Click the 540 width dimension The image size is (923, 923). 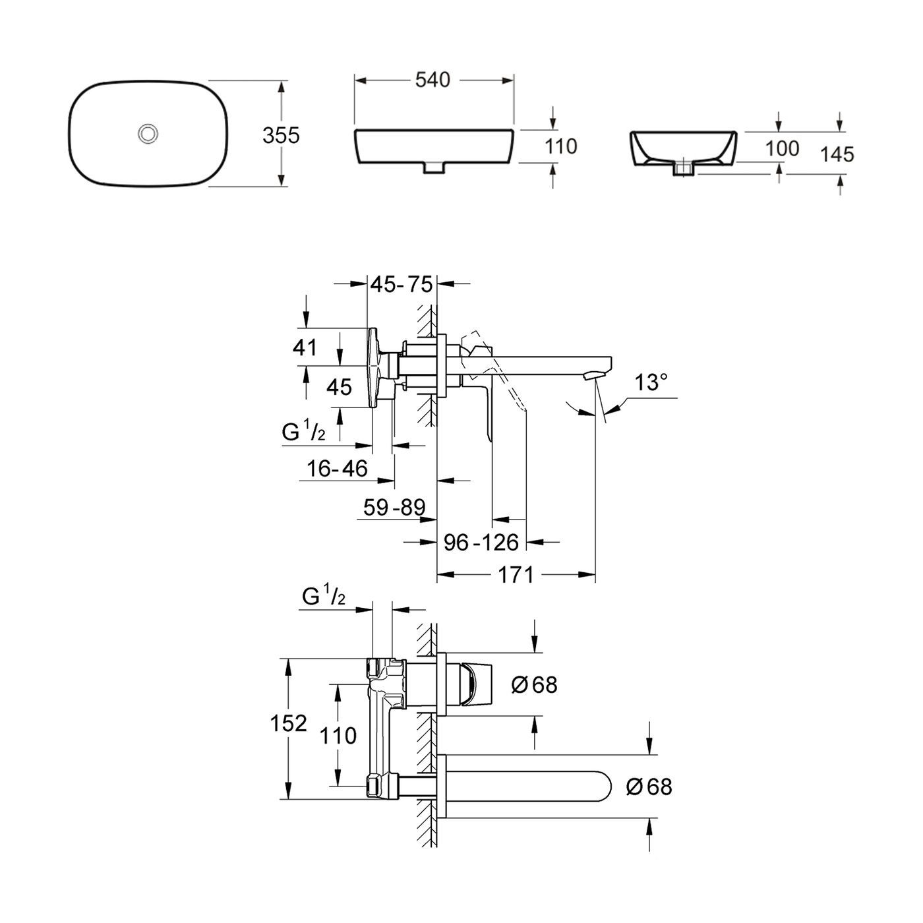coord(432,80)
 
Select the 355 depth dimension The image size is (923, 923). coord(281,136)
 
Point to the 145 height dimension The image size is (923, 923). coord(837,154)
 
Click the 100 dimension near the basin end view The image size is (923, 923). coord(782,148)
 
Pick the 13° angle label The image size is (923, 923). coord(651,382)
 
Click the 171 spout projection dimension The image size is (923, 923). coord(516,575)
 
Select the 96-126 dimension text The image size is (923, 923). coord(481,542)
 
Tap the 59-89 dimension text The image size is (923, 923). coord(394,507)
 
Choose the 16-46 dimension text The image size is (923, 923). coord(337,469)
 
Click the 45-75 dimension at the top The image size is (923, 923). coord(402,284)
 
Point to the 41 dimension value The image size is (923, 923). coord(305,347)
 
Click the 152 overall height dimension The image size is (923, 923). coord(288,723)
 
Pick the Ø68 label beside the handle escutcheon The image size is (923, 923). coord(535,685)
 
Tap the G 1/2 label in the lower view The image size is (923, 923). coord(324,598)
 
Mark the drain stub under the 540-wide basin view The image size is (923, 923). coord(433,167)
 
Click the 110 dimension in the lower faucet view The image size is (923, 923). coord(338,735)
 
